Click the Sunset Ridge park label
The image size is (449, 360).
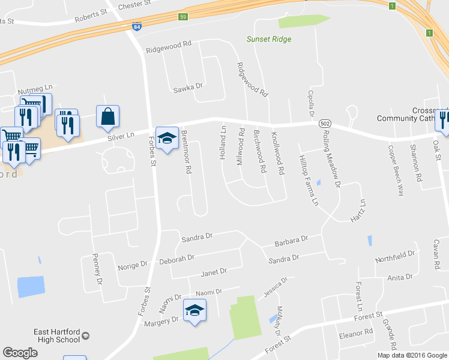point(268,39)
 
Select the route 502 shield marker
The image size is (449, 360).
point(325,122)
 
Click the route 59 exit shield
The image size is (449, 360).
point(183,17)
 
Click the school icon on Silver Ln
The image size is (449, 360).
point(166,138)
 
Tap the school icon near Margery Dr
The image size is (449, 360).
point(194,311)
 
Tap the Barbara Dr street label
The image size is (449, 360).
point(291,241)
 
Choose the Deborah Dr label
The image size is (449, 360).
point(176,259)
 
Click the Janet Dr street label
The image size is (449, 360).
point(214,272)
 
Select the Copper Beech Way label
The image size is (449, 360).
point(395,171)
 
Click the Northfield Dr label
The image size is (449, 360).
point(395,257)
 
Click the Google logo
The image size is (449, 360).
point(20,353)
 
